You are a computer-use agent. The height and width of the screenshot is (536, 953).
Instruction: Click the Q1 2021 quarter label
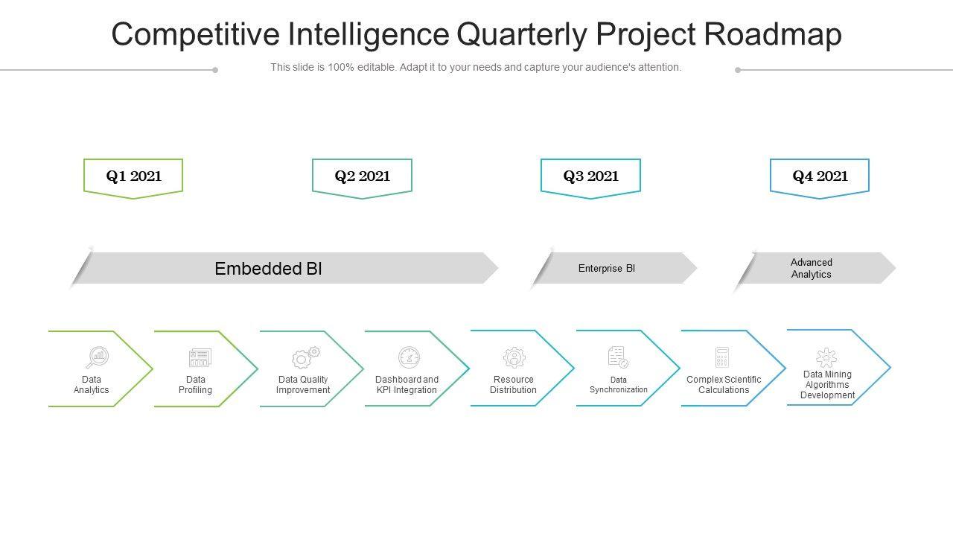coord(133,176)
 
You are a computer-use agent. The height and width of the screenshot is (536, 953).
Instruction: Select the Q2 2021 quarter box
coord(362,176)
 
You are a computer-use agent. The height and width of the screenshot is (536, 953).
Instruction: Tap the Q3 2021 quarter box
coord(590,176)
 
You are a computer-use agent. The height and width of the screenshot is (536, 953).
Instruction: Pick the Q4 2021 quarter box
coord(820,176)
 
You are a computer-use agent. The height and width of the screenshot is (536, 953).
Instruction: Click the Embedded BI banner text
coord(268,269)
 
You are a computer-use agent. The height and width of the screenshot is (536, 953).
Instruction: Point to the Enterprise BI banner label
coord(607,269)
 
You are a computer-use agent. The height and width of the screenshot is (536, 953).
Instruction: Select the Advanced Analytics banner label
coord(812,269)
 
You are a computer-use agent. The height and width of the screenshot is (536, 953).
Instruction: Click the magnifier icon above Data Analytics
coord(97,358)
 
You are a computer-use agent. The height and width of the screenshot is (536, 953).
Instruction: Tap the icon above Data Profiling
coord(200,358)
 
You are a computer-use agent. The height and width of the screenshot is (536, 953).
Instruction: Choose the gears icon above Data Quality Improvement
coord(305,357)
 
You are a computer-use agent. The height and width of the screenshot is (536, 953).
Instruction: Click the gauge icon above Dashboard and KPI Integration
coord(409,357)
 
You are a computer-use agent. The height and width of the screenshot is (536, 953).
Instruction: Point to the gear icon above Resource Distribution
coord(514,357)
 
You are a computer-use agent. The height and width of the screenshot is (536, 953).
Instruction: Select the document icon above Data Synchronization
coord(618,357)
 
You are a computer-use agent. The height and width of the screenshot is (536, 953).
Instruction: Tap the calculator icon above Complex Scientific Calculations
coord(721,357)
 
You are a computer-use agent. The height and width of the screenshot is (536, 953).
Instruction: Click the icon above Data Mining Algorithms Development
coord(826,357)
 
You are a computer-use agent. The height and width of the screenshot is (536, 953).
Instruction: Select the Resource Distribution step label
coord(513,385)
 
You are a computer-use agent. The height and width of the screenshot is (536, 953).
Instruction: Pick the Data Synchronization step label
coord(619,385)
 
